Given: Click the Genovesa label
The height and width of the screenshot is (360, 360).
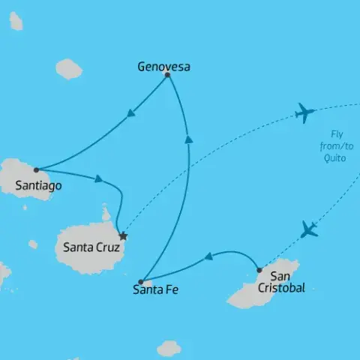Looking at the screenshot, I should [163, 67].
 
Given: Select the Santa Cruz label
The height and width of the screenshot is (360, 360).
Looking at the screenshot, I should [90, 245].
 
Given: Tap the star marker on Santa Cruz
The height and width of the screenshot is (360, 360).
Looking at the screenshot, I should [124, 236].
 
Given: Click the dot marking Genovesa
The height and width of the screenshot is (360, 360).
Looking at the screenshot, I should [167, 75].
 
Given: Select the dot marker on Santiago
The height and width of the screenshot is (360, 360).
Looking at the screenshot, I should [36, 169].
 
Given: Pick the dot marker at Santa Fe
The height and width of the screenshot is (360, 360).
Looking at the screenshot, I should [141, 282].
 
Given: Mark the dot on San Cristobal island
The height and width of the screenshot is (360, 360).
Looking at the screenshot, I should [259, 269].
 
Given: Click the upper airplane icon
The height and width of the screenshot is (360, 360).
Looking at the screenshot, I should [304, 113].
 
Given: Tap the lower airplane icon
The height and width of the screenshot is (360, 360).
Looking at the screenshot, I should [308, 229].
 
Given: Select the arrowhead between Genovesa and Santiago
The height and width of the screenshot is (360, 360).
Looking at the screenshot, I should [131, 114].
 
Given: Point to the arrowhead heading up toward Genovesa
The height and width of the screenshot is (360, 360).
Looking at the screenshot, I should [188, 137].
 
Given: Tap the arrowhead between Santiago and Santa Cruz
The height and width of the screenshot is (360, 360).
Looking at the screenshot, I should [97, 178].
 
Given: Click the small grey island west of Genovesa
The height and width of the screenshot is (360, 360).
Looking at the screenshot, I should [69, 69].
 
